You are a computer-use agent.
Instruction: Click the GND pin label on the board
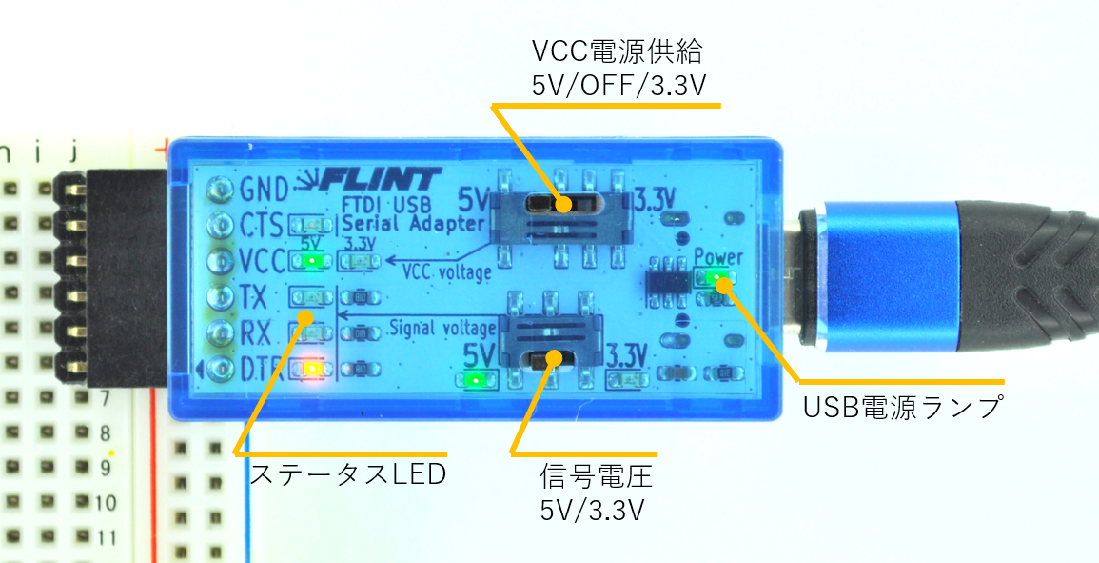tap(259, 189)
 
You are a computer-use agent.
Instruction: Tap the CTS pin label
tap(259, 226)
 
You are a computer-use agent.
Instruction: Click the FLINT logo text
tap(381, 179)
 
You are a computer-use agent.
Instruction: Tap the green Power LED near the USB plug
tap(719, 280)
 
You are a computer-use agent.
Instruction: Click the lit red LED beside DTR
tap(310, 369)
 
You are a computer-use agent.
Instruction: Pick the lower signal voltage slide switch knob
tap(547, 359)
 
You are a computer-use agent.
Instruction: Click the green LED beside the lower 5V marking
tap(475, 380)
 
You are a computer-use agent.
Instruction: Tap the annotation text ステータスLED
tap(347, 473)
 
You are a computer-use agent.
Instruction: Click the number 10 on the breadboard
tap(106, 502)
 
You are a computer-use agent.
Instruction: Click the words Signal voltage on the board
tap(442, 329)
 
